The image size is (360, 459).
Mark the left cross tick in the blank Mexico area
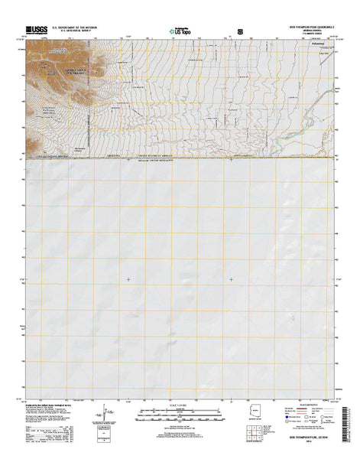click(x=128, y=279)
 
